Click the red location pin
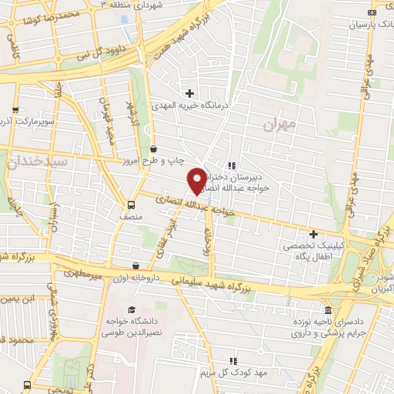pos(197,179)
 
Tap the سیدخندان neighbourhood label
pos(36,162)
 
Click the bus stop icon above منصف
pos(131,205)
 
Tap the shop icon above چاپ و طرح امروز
pos(155,149)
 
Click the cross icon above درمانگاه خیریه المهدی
pos(189,93)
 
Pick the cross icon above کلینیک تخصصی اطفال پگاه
pos(313,233)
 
